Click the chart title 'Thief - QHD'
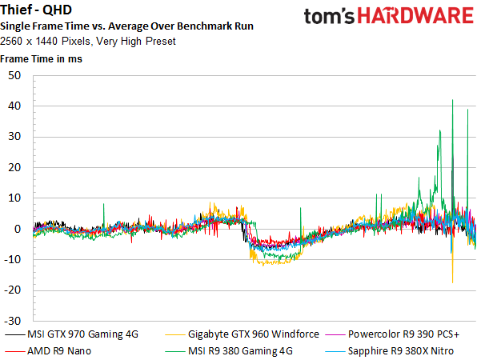pos(36,10)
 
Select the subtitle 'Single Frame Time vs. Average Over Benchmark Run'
pos(126,26)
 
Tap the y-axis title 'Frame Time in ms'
pos(41,59)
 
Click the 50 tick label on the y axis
pos(14,75)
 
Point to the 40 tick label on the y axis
pos(14,106)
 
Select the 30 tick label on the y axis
pos(14,137)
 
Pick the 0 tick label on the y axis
pos(18,229)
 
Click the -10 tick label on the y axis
pos(13,260)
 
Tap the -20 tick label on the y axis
pos(13,290)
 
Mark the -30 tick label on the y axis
pos(13,321)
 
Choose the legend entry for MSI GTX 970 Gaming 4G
pos(72,334)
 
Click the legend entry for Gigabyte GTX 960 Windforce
pos(242,334)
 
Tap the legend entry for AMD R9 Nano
pos(48,351)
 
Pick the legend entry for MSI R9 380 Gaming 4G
pos(229,351)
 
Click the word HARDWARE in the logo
pos(415,16)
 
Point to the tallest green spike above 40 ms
pos(452,100)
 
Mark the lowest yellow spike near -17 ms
pos(452,282)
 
